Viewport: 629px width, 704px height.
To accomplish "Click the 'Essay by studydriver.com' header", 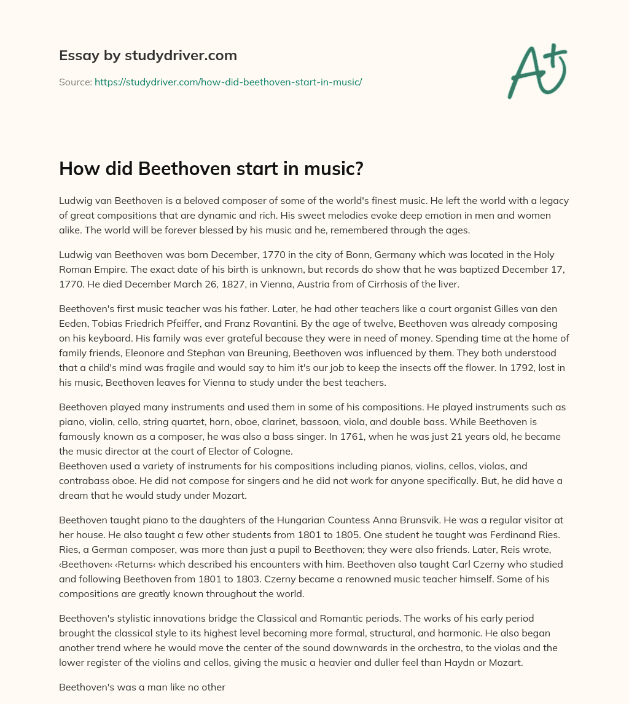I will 147,56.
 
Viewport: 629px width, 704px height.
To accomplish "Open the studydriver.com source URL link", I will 228,82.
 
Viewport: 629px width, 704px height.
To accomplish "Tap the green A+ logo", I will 536,71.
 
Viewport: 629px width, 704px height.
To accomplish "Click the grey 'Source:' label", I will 76,82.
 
